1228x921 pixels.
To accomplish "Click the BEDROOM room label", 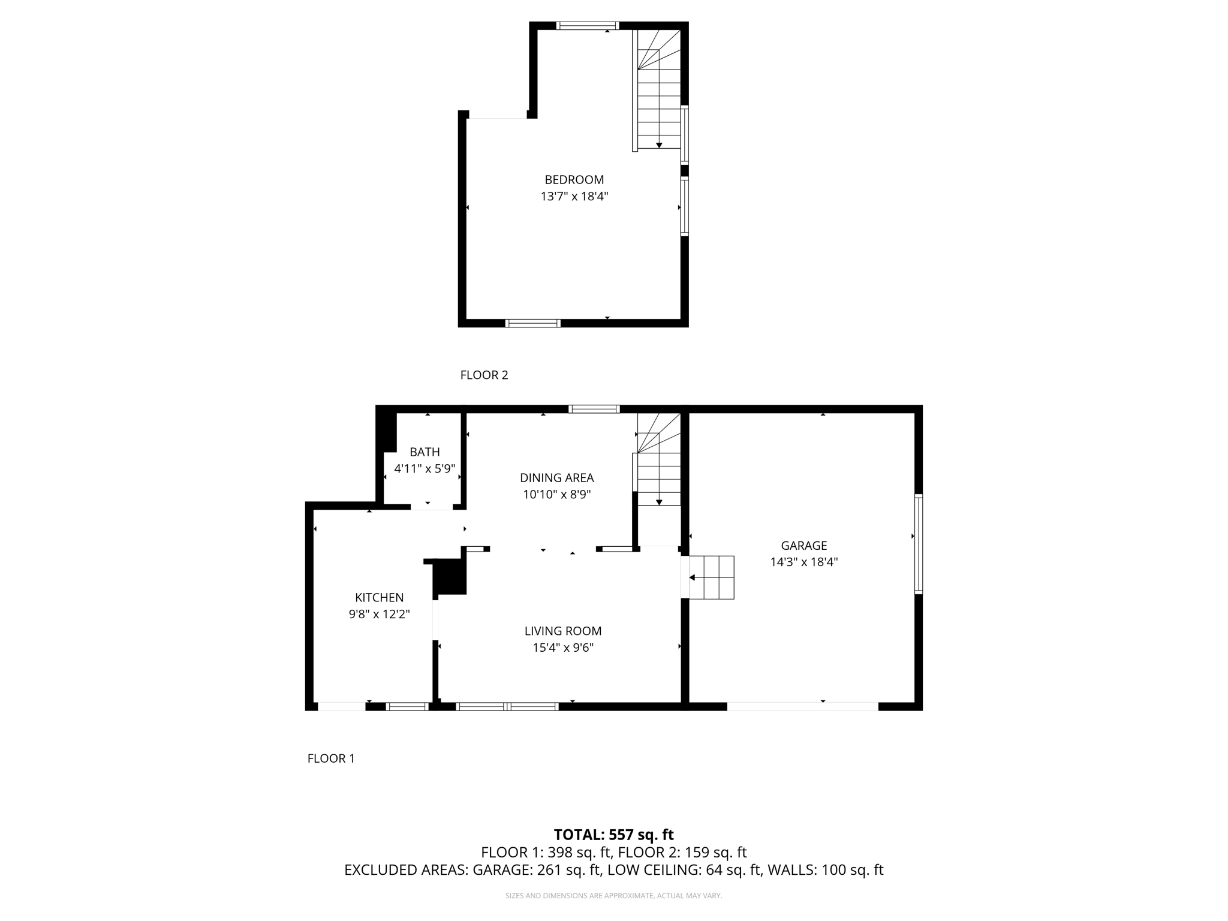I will (x=574, y=179).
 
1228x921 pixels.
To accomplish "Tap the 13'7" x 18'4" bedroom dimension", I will (x=574, y=196).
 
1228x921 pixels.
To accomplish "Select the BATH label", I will (x=425, y=452).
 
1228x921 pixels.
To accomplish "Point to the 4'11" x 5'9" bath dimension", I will (x=425, y=469).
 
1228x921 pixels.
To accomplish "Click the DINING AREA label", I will (x=556, y=478).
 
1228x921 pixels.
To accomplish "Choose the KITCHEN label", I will (x=379, y=597).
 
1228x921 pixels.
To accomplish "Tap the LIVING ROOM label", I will (x=562, y=631).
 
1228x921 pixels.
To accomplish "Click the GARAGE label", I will (x=803, y=546).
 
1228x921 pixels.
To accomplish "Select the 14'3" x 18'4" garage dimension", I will (x=803, y=562).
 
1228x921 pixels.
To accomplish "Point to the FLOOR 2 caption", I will (x=484, y=375).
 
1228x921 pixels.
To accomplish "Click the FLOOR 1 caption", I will (x=331, y=759).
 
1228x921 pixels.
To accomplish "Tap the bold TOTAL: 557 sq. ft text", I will (x=613, y=835).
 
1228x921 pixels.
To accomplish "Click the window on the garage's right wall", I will (x=918, y=544).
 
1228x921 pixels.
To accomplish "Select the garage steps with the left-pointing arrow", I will (x=711, y=577).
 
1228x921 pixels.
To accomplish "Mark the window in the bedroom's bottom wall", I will (x=533, y=323).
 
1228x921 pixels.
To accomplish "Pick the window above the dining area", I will (x=594, y=409).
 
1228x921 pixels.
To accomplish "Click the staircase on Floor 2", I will (x=659, y=90).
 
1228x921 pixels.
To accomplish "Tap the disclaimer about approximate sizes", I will (x=613, y=896).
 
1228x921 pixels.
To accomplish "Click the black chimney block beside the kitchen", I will (x=450, y=576).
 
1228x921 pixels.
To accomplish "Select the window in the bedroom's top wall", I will (x=587, y=25).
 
